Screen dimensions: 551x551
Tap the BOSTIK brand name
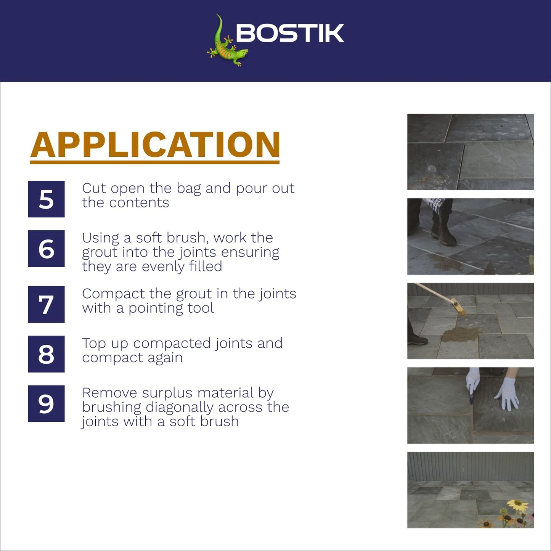point(290,33)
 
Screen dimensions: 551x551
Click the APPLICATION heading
point(155,145)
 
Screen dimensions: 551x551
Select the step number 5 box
point(46,199)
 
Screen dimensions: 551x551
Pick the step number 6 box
point(46,249)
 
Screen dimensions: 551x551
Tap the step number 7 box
point(46,304)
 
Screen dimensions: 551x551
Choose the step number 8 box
point(46,354)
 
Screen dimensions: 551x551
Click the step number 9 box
point(46,403)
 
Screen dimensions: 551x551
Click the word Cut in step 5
point(93,188)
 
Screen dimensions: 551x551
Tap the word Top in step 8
point(94,344)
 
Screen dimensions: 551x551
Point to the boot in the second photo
point(444,235)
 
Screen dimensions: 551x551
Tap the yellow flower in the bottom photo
point(517,505)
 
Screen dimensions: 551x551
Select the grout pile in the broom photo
point(459,334)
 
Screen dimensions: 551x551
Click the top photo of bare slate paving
point(471,152)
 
